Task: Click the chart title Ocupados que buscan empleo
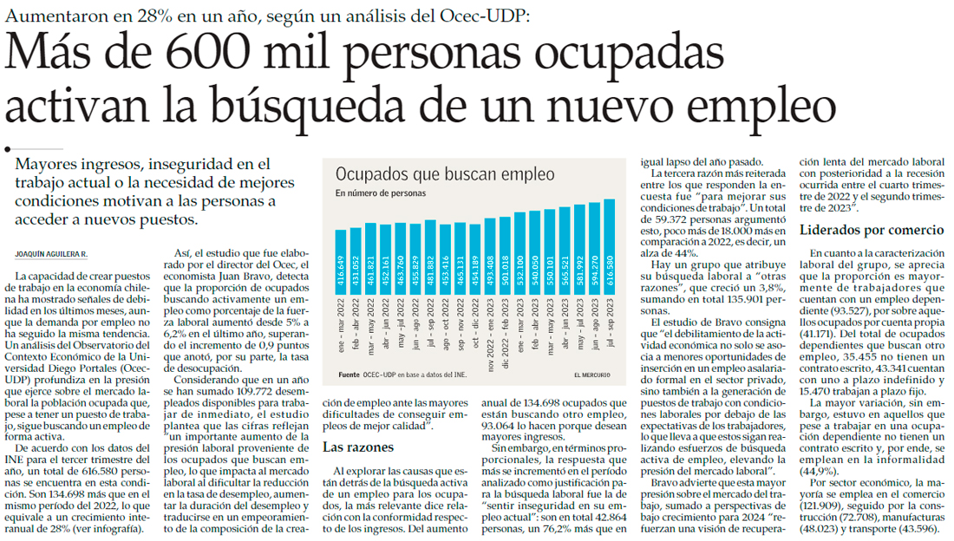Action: coord(445,174)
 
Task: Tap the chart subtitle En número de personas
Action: coord(381,192)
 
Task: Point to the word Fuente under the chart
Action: coord(348,375)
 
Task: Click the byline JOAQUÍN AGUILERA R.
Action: coord(53,253)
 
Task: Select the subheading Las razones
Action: coord(357,447)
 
